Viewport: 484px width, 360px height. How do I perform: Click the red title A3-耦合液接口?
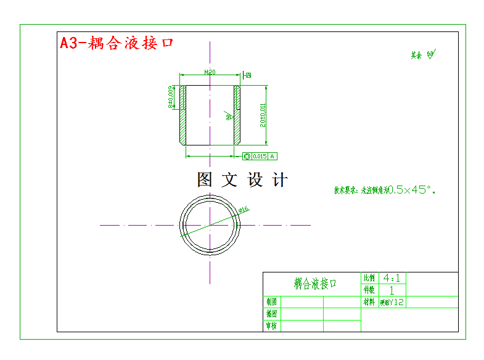coord(117,43)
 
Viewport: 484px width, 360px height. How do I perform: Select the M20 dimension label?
coord(210,72)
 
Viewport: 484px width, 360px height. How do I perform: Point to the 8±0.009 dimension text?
coord(171,97)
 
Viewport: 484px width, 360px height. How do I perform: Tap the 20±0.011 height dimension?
coord(262,115)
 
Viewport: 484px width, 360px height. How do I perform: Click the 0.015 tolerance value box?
coord(260,156)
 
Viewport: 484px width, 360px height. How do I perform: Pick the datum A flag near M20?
coord(248,75)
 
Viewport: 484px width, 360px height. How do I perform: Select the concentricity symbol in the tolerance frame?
coord(247,156)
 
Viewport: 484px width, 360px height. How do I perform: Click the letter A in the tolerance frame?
coord(273,156)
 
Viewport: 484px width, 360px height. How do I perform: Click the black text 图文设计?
coord(242,180)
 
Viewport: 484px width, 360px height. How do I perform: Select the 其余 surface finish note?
coord(423,55)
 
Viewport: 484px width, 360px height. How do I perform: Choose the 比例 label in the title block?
coord(369,278)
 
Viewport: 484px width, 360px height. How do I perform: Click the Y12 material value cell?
coord(392,302)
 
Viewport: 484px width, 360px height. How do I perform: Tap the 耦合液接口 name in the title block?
coord(315,284)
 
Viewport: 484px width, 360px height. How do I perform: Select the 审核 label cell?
coord(271,325)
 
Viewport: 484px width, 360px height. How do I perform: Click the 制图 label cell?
coord(271,302)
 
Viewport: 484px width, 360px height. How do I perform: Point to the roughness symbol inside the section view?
coord(228,115)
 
